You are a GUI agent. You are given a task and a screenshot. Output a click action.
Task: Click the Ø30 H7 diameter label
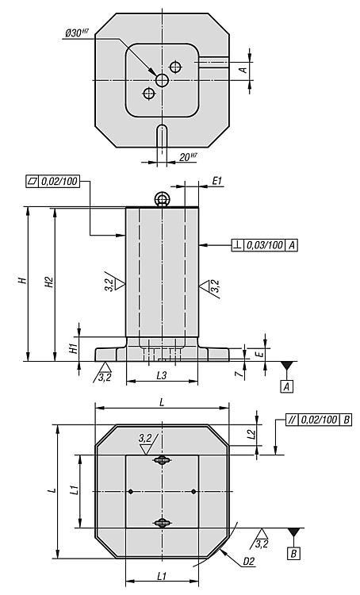[77, 33]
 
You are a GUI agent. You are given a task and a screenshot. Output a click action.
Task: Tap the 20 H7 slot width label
[188, 156]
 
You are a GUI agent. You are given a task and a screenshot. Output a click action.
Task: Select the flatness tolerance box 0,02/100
[52, 182]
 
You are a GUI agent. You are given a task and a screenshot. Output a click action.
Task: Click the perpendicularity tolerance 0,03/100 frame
[265, 245]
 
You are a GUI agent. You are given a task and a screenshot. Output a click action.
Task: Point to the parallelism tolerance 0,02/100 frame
[319, 420]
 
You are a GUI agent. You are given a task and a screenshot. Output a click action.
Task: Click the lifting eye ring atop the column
[162, 198]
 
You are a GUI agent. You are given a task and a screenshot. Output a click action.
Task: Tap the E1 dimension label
[217, 181]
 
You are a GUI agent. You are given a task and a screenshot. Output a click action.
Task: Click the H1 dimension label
[74, 348]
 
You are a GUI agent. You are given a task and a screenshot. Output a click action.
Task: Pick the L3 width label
[162, 376]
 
